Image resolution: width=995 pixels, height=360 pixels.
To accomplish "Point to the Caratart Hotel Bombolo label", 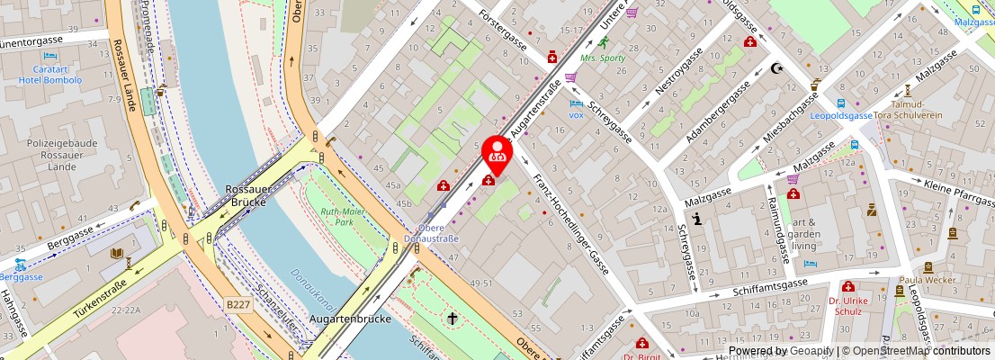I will (x=49, y=74).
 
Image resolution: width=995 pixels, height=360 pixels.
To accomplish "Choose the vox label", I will (x=577, y=118).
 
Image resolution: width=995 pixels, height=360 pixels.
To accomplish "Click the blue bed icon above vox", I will (x=576, y=103).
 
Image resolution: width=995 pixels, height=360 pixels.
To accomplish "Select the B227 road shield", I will (x=238, y=305).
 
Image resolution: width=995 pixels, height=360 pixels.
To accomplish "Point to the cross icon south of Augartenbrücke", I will (x=452, y=319).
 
